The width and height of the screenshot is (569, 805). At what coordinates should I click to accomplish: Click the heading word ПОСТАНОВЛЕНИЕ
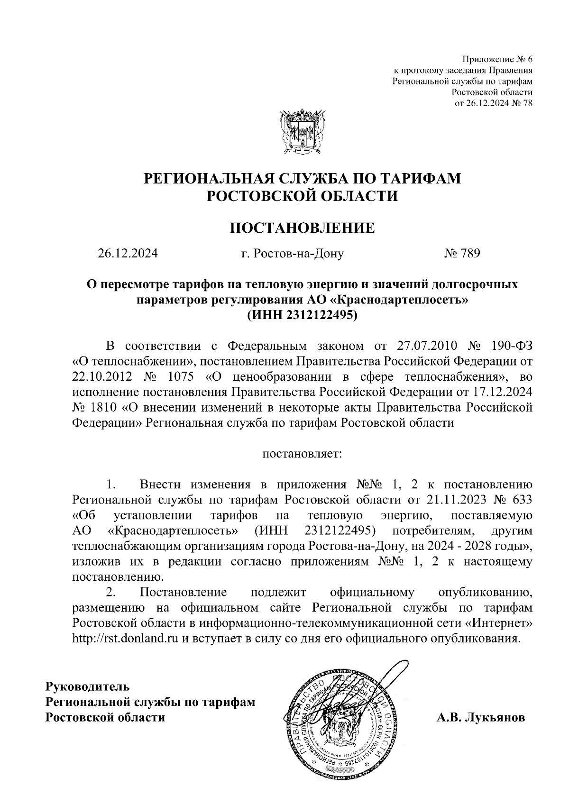[x=302, y=228]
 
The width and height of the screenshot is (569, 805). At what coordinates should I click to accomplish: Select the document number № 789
[x=462, y=254]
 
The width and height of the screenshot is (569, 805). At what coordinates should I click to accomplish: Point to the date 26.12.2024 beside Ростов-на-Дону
[x=128, y=254]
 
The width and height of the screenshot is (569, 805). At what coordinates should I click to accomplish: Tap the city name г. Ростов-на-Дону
[x=292, y=254]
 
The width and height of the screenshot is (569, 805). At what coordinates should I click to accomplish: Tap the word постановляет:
[x=302, y=454]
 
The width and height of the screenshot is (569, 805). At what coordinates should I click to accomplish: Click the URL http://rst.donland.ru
[x=125, y=638]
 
